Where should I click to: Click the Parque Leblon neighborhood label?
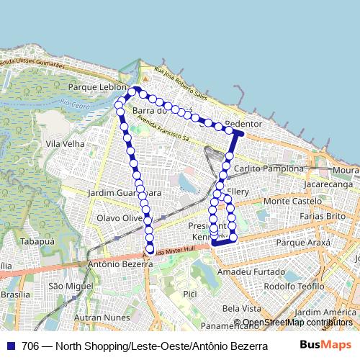click(x=93, y=86)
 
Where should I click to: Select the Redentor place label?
click(x=242, y=124)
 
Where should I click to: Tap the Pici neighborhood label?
click(x=190, y=294)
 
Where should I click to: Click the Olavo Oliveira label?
click(x=120, y=217)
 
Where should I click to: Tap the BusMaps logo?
click(x=325, y=345)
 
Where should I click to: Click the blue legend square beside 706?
click(x=10, y=346)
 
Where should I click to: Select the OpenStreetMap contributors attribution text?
click(x=297, y=323)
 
